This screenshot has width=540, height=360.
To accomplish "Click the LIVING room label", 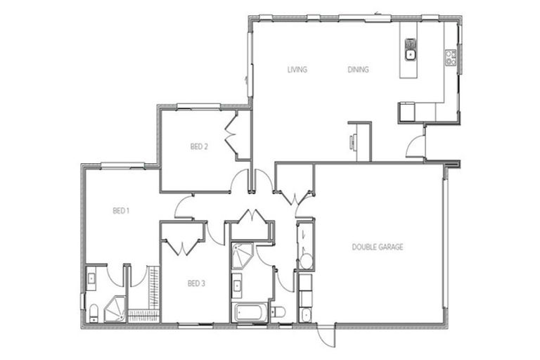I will [297, 70].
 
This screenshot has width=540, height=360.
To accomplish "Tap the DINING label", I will [359, 70].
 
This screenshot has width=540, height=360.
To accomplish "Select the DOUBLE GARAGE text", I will [377, 247].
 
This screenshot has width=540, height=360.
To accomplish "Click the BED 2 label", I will [199, 147].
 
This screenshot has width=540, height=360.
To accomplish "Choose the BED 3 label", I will [196, 284].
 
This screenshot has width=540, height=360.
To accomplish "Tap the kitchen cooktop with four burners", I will [451, 57].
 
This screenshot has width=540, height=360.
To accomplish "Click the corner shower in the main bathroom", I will [243, 254].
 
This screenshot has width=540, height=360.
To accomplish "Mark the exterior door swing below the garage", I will [324, 335].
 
